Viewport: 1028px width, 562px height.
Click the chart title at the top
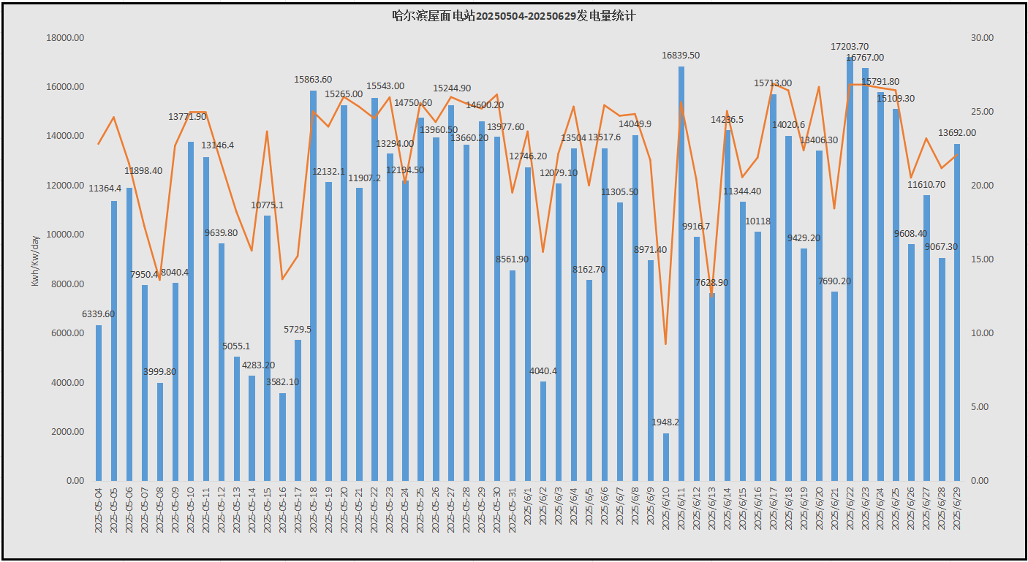[x=513, y=15]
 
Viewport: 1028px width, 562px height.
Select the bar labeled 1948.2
[x=666, y=457]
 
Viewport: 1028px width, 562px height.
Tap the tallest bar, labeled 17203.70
[x=850, y=270]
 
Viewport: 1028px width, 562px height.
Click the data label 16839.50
[x=681, y=55]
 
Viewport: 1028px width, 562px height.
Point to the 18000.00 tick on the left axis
[x=65, y=38]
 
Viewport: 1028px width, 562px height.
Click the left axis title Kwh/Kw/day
[x=35, y=261]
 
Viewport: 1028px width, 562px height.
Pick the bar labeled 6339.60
[x=99, y=403]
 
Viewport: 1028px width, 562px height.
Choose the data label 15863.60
[x=313, y=79]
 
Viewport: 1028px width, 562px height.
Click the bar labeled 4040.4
[x=543, y=431]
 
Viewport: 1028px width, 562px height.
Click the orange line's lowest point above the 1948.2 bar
[x=666, y=343]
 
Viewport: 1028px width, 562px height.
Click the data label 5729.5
[x=298, y=330]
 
